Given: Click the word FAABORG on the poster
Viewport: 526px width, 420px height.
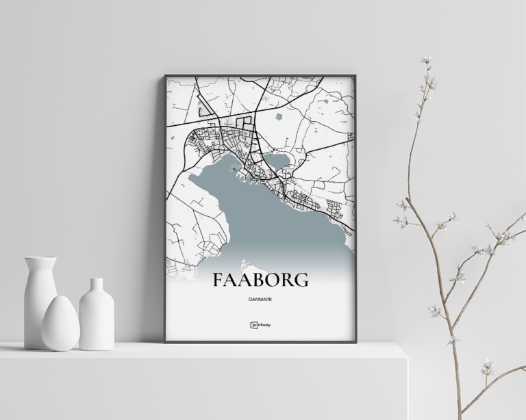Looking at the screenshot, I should pos(260,280).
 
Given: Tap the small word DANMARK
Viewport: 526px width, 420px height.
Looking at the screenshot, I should pos(260,299).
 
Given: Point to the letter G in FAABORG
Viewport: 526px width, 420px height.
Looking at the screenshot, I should pos(300,280).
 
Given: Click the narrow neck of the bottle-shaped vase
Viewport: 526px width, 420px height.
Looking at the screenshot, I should pos(97,285).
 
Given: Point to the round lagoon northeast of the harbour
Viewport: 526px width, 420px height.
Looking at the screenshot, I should pos(277,161).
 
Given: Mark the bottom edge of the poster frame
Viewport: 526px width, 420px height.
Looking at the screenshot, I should pos(260,341).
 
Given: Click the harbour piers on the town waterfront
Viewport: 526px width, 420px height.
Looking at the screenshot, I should pos(244,176).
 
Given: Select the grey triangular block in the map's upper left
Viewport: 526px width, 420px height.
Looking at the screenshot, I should pos(204,106).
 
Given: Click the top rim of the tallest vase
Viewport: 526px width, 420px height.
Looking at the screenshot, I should pos(40,259).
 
